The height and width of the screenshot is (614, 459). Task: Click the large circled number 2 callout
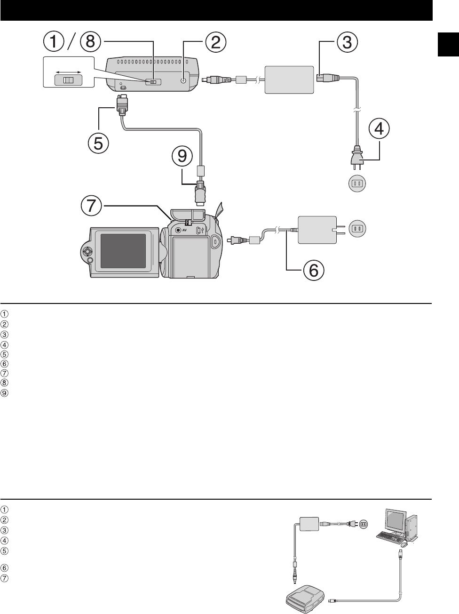coord(214,42)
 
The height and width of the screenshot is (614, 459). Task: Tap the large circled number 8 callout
coord(90,42)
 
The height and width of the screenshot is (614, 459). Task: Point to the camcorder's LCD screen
coord(125,250)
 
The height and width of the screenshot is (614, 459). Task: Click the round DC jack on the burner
coord(183,80)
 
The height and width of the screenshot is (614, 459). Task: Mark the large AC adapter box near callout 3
coord(289,80)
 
